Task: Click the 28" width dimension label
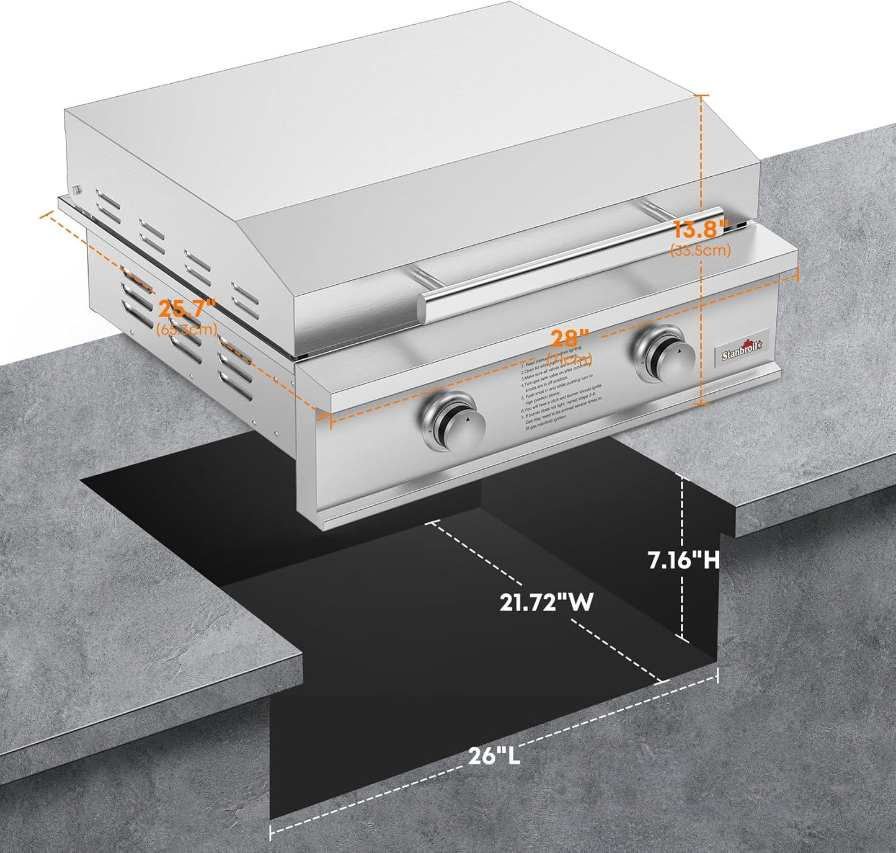570,339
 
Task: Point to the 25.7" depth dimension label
186,308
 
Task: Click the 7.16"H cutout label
683,560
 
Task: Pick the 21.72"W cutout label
547,602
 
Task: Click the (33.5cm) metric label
701,250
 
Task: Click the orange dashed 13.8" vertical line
702,155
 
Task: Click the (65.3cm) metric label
187,329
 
